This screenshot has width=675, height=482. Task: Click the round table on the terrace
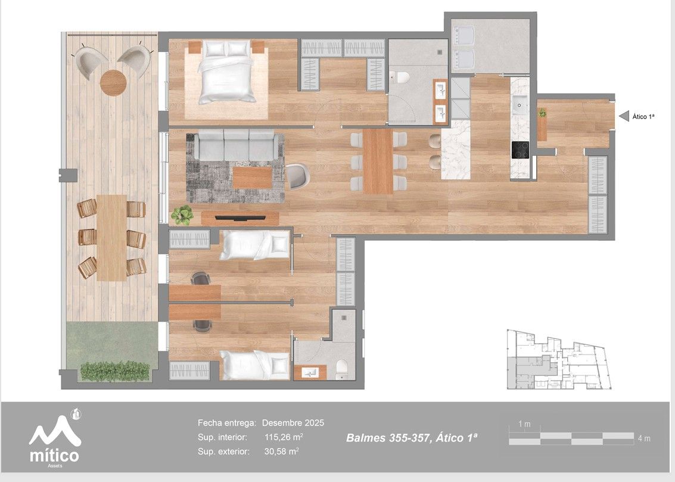click(113, 82)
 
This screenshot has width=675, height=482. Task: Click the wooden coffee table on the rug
click(252, 178)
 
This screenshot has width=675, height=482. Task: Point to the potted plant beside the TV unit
click(182, 214)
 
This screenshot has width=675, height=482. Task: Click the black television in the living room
click(240, 218)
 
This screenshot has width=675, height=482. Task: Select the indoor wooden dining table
click(378, 161)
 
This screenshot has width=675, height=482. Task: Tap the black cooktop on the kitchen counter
click(520, 150)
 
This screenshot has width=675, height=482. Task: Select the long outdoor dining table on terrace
click(111, 237)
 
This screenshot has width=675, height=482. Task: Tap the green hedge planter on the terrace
click(114, 371)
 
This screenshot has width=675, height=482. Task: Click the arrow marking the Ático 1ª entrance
click(624, 116)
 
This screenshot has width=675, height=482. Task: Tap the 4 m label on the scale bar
click(643, 439)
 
